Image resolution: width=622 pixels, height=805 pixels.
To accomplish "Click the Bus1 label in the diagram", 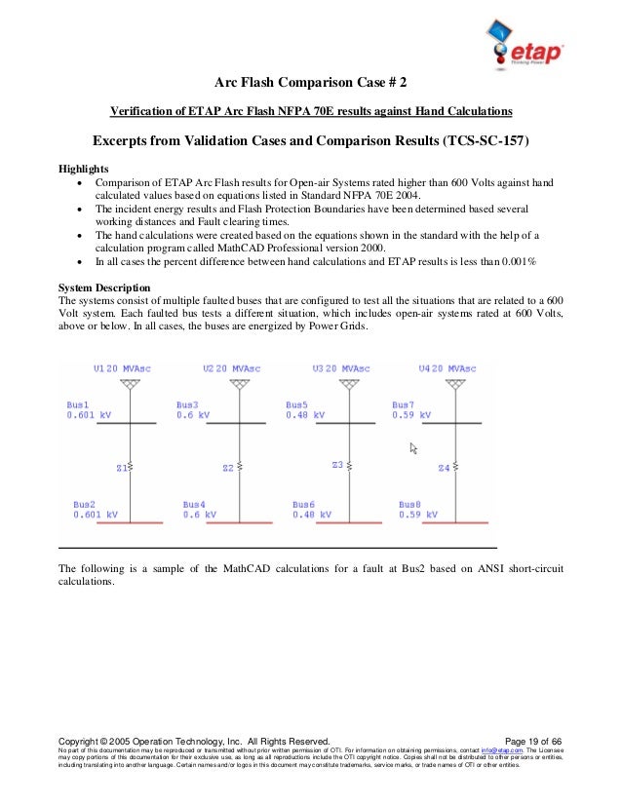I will tap(78, 403).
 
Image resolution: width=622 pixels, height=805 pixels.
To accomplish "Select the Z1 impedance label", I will tap(123, 468).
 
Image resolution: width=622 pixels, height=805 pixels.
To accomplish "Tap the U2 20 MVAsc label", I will tap(231, 369).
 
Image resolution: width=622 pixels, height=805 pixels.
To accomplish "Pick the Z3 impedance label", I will tap(338, 465).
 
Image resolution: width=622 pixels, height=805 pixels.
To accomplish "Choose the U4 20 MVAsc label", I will tap(447, 369).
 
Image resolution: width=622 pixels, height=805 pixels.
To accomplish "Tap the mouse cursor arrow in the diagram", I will tap(413, 448).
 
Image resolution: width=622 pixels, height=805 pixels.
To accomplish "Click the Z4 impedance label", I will tap(445, 468).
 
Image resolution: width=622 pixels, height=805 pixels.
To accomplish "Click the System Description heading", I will tap(104, 287).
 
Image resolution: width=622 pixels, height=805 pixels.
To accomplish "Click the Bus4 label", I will tap(195, 504).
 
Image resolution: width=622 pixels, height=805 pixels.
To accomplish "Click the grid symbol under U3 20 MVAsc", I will tap(346, 385).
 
